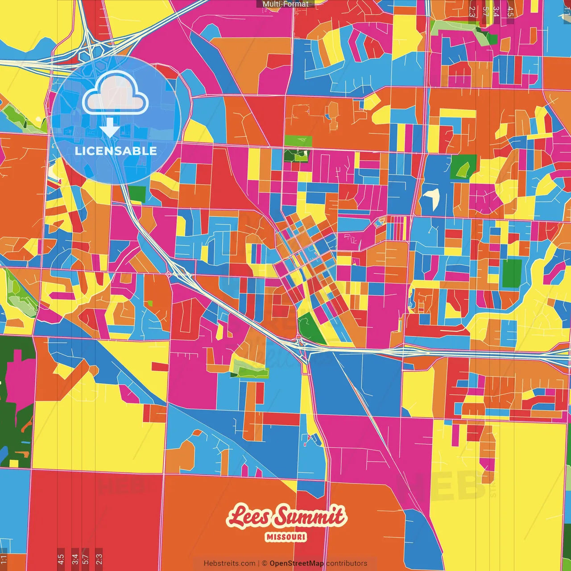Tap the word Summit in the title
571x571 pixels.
pyautogui.click(x=310, y=517)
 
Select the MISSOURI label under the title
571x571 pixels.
pyautogui.click(x=286, y=537)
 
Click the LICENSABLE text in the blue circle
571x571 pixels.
pyautogui.click(x=116, y=151)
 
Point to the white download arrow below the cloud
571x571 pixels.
pyautogui.click(x=109, y=128)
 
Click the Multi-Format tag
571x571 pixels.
pyautogui.click(x=285, y=4)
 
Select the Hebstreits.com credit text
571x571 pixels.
pyautogui.click(x=229, y=563)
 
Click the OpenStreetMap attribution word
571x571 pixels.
pyautogui.click(x=297, y=563)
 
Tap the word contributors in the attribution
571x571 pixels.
pyautogui.click(x=347, y=563)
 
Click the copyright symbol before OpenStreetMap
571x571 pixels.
pyautogui.click(x=264, y=563)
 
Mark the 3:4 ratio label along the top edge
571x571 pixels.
pyautogui.click(x=496, y=12)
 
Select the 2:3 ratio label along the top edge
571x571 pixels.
pyautogui.click(x=472, y=12)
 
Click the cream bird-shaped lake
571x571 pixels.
pyautogui.click(x=432, y=197)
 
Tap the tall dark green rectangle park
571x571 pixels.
pyautogui.click(x=512, y=273)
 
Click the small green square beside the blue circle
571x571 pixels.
pyautogui.click(x=137, y=194)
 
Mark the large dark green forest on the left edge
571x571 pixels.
pyautogui.click(x=13, y=393)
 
